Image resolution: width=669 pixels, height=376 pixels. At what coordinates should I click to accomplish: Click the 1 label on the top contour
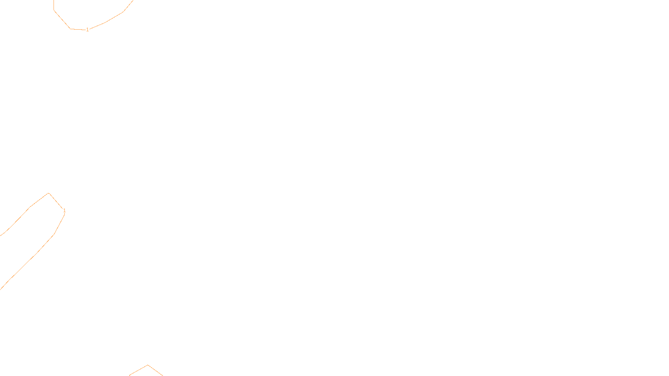pyautogui.click(x=87, y=30)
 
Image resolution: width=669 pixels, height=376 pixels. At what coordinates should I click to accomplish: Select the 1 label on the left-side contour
pyautogui.click(x=64, y=211)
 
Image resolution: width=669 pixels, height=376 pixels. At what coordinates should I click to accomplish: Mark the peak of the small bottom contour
pyautogui.click(x=148, y=365)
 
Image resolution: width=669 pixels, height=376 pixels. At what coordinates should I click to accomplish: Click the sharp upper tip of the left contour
pyautogui.click(x=49, y=193)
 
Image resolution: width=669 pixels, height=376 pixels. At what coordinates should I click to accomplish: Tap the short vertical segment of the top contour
pyautogui.click(x=54, y=5)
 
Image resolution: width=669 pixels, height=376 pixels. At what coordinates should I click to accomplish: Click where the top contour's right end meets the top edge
pyautogui.click(x=133, y=1)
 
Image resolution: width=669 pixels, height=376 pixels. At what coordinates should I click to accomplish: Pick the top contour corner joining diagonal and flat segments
pyautogui.click(x=70, y=29)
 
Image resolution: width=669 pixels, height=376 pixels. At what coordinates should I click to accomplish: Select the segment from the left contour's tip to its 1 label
pyautogui.click(x=56, y=201)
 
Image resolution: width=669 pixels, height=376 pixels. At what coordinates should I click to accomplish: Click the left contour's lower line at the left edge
pyautogui.click(x=1, y=288)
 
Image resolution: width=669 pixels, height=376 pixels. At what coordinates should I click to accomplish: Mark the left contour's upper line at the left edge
pyautogui.click(x=1, y=235)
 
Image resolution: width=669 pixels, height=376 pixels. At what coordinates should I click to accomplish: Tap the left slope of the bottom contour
pyautogui.click(x=138, y=370)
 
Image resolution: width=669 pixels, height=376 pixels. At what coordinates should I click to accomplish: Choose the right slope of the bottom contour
pyautogui.click(x=155, y=371)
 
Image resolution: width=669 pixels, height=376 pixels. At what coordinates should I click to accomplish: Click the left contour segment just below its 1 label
pyautogui.click(x=60, y=224)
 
